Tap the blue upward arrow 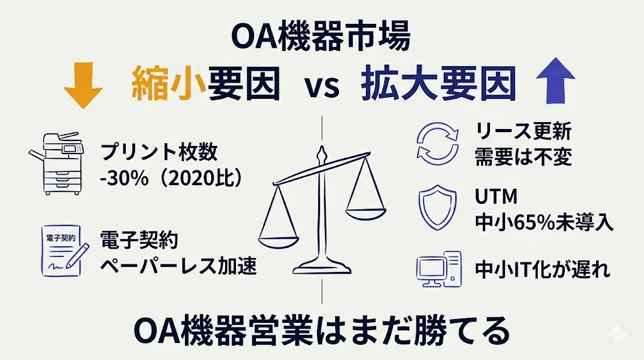point(556,80)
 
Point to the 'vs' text point(323,87)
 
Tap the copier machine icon point(57,163)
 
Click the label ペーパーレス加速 point(179,266)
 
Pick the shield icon point(438,208)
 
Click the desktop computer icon point(438,269)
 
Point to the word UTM point(496,197)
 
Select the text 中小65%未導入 point(544,223)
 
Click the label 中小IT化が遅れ point(542,269)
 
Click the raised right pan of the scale point(365,214)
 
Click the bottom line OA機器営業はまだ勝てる point(321,331)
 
